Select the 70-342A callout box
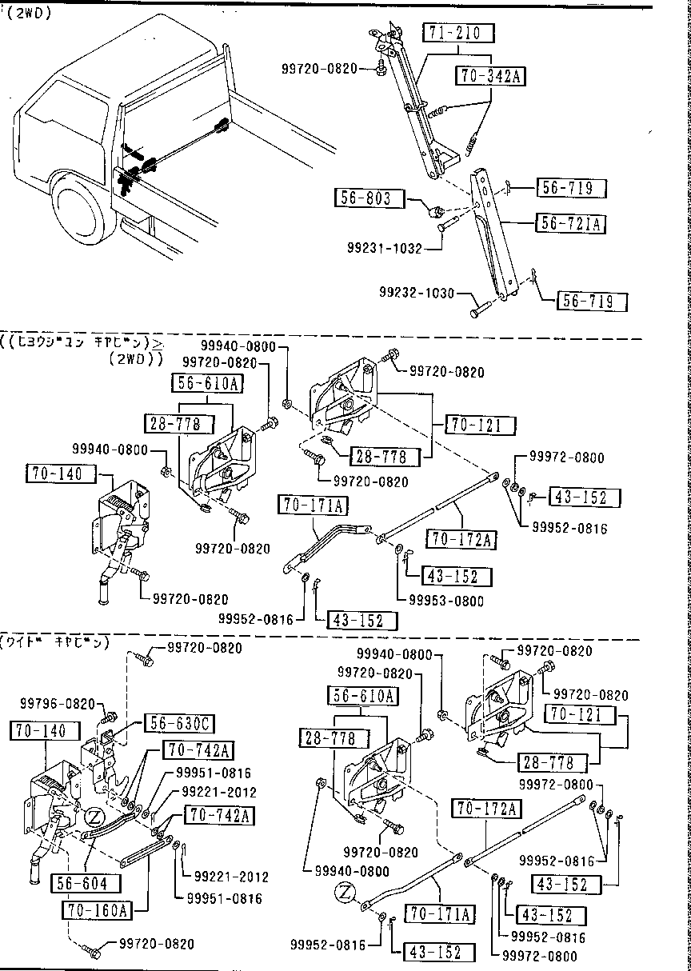pyautogui.click(x=490, y=76)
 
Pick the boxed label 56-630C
pyautogui.click(x=178, y=724)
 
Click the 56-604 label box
pyautogui.click(x=84, y=883)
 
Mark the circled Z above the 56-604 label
pyautogui.click(x=94, y=817)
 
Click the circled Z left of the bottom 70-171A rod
pyautogui.click(x=345, y=891)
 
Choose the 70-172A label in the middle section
pyautogui.click(x=460, y=539)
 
